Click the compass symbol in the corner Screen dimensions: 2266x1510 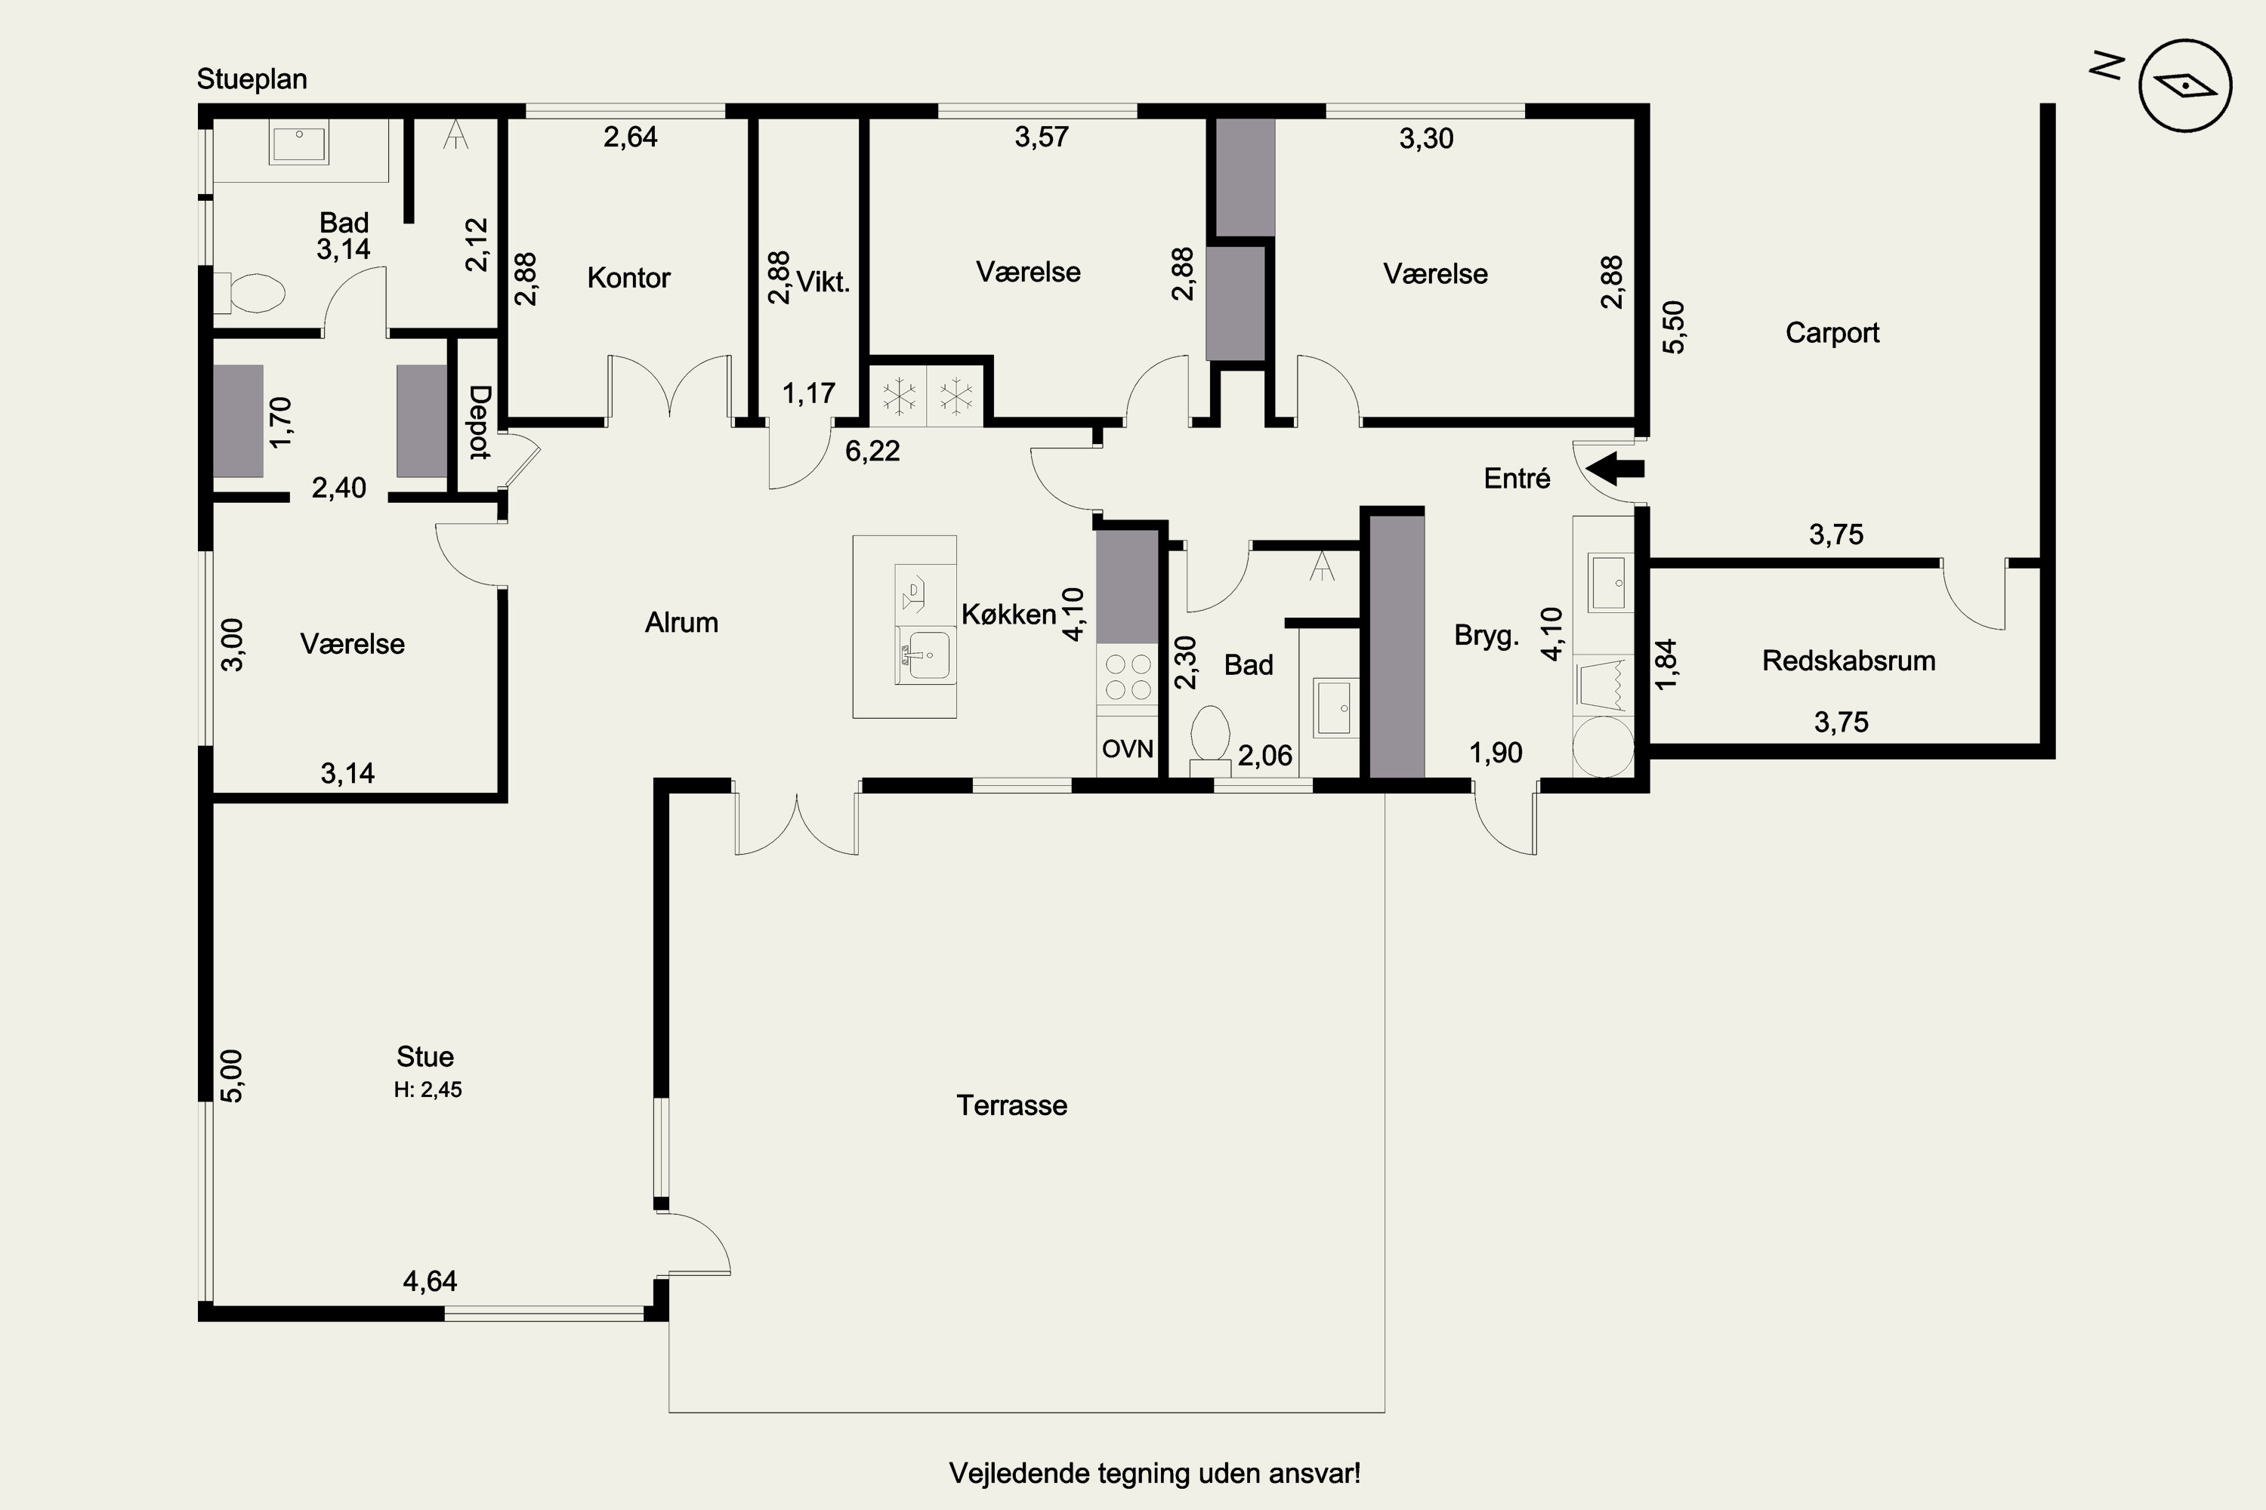click(x=2185, y=86)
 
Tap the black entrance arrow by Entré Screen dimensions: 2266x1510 click(x=1615, y=470)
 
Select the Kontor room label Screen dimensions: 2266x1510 click(x=628, y=279)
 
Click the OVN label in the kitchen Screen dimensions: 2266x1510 click(x=1127, y=748)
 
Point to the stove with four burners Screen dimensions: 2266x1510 click(x=1127, y=676)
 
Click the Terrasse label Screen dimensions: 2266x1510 click(x=1011, y=1105)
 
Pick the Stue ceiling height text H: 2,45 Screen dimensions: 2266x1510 click(x=428, y=1089)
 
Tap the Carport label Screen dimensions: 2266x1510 click(x=1832, y=333)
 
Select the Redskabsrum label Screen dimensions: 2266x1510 click(x=1848, y=661)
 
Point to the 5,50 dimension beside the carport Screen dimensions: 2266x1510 click(x=1675, y=328)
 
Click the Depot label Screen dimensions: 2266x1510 click(x=480, y=422)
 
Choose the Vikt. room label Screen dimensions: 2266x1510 click(x=823, y=282)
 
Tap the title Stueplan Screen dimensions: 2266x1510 click(x=252, y=79)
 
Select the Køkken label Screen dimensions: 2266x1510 click(x=1008, y=615)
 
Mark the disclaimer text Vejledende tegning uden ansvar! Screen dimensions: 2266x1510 click(x=1154, y=1474)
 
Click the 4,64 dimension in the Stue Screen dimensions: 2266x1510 click(x=430, y=1282)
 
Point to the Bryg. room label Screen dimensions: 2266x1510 click(x=1486, y=636)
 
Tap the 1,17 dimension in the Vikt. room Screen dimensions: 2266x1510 click(x=808, y=394)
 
